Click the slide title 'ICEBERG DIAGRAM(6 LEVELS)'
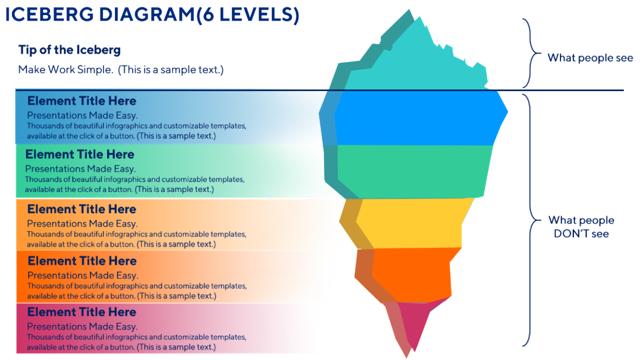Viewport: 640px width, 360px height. click(x=152, y=15)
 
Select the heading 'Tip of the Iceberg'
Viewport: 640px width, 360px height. click(x=69, y=50)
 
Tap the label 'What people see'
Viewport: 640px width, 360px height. click(x=590, y=57)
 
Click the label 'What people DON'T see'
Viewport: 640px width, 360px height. click(x=581, y=226)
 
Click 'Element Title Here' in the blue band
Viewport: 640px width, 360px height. click(x=81, y=101)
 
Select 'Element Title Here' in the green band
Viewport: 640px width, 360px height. click(x=79, y=154)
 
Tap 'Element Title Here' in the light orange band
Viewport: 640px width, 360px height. click(x=81, y=209)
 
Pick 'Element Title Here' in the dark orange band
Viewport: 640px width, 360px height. click(x=82, y=261)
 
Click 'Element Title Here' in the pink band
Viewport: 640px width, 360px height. click(x=81, y=312)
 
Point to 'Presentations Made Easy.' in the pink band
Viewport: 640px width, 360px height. click(x=82, y=327)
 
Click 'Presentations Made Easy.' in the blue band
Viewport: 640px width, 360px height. click(x=82, y=115)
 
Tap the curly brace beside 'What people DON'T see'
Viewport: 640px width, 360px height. click(x=531, y=220)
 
